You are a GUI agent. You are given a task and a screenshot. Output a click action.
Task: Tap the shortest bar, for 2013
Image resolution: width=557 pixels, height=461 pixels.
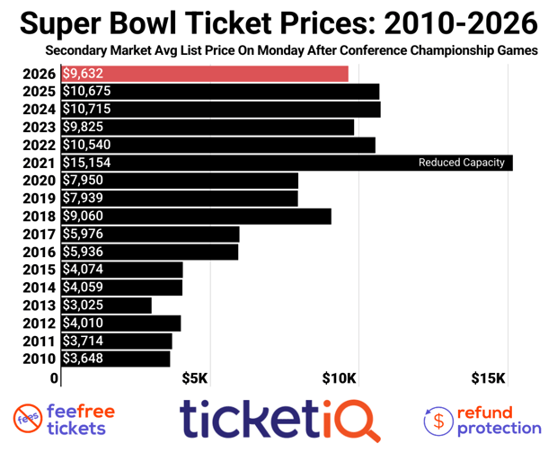point(106,305)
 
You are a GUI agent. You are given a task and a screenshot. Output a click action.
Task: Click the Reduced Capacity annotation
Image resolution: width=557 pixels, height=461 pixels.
point(462,163)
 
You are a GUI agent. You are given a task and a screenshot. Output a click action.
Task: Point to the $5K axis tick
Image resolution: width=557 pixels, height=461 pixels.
point(196,377)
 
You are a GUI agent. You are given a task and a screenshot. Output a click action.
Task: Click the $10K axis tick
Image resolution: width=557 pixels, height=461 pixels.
point(341,377)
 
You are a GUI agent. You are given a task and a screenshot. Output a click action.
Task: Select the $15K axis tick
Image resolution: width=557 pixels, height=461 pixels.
point(491,377)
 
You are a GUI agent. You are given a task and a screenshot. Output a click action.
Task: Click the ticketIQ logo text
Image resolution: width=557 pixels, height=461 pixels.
point(278,420)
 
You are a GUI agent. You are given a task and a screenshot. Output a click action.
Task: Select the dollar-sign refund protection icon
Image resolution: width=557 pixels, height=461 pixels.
point(438,420)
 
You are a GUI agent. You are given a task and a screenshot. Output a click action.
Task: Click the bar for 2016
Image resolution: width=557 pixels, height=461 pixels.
point(149,252)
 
